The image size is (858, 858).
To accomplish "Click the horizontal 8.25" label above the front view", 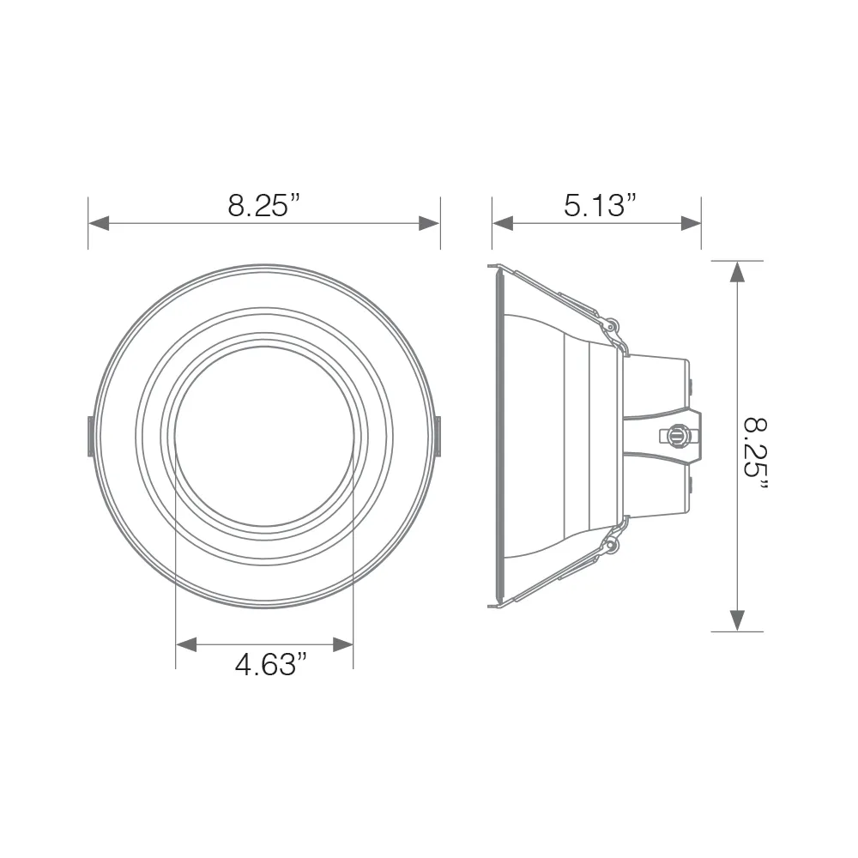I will click(x=264, y=206).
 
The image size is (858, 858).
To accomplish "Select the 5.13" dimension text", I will click(x=601, y=206).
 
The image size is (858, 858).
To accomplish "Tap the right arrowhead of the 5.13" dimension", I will click(x=691, y=223).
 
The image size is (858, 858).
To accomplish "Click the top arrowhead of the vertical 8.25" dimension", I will click(x=735, y=271).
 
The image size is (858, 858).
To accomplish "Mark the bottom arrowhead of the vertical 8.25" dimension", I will click(x=735, y=619).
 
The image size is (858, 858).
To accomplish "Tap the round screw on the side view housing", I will click(x=678, y=436).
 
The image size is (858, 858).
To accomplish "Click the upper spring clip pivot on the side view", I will click(x=611, y=326).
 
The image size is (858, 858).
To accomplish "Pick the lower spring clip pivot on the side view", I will click(x=611, y=545).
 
